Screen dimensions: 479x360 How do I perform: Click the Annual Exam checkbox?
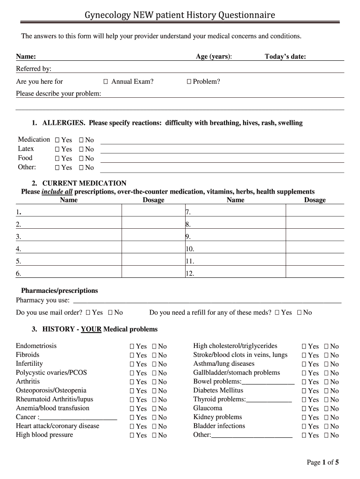click(106, 82)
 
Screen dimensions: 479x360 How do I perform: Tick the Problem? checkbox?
click(189, 82)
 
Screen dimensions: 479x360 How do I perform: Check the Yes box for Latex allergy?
click(57, 149)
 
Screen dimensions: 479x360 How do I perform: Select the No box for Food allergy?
click(81, 159)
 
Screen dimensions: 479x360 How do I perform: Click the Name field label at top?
click(26, 57)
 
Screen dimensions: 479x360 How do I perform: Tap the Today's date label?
click(285, 57)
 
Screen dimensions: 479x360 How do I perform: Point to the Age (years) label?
click(214, 57)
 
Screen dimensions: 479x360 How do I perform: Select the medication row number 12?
click(189, 274)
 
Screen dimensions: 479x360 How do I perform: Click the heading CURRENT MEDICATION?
click(84, 183)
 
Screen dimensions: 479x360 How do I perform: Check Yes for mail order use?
click(88, 312)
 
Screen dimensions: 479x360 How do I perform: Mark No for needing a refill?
click(299, 312)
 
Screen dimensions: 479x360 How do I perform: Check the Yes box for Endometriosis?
click(132, 347)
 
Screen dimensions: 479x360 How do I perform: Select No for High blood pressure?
click(155, 435)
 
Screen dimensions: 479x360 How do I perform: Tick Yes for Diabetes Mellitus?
click(304, 391)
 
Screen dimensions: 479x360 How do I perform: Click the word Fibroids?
click(28, 355)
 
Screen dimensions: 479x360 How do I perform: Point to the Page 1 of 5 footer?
click(322, 463)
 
